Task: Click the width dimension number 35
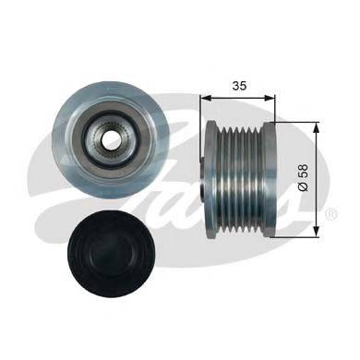click(239, 86)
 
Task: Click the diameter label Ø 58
click(304, 177)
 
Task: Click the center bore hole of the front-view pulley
click(110, 141)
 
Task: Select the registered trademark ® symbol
click(333, 213)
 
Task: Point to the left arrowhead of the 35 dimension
click(205, 98)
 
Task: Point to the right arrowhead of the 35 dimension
click(270, 98)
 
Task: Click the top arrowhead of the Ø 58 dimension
click(317, 127)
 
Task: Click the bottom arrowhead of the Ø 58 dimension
click(317, 231)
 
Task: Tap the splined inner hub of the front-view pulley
click(110, 141)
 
